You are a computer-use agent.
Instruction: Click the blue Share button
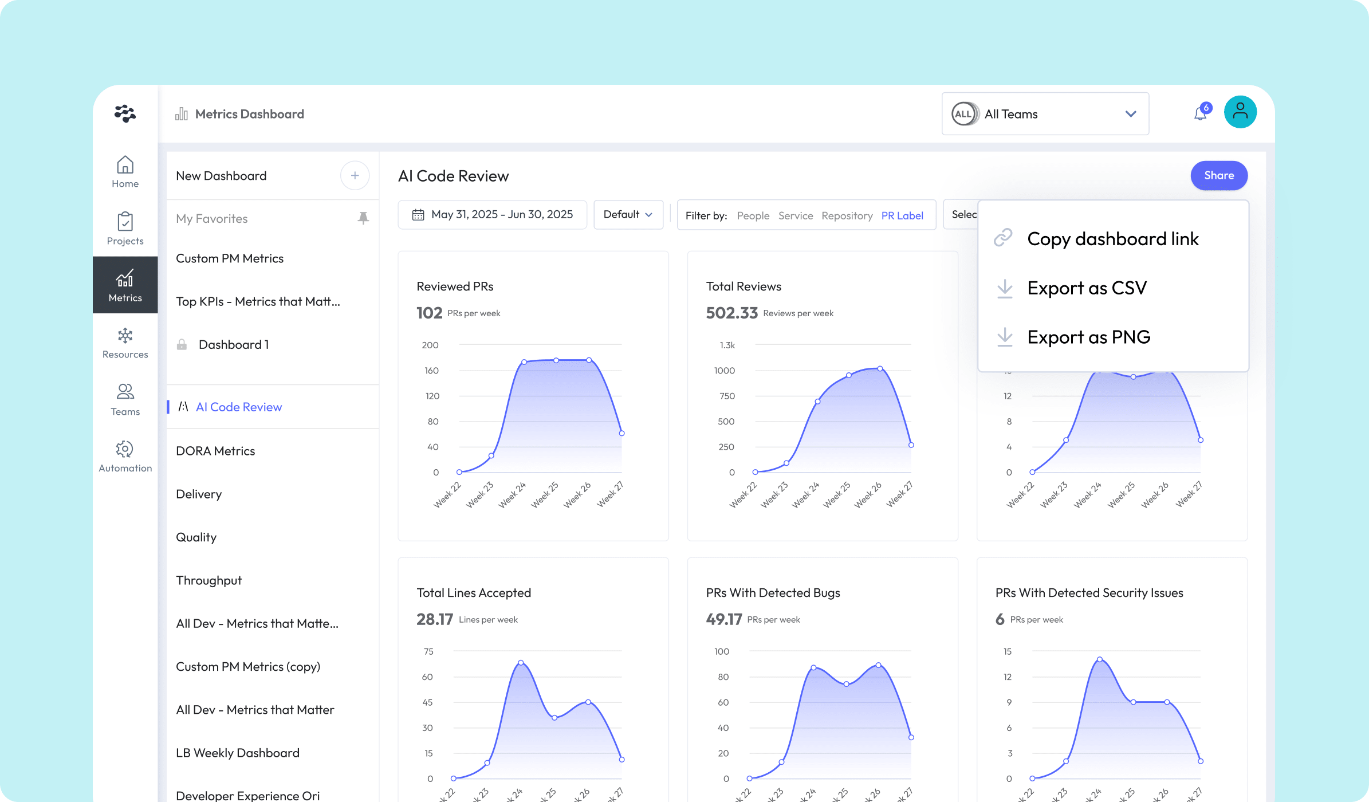click(x=1218, y=175)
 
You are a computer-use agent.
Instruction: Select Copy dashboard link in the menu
click(x=1112, y=238)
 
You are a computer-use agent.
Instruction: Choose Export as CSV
click(x=1086, y=288)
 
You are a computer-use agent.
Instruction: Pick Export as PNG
click(x=1088, y=337)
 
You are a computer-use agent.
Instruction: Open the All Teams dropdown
click(x=1045, y=114)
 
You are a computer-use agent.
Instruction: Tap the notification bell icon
click(x=1200, y=113)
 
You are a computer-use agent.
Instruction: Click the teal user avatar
click(x=1240, y=112)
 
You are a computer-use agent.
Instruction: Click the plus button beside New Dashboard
click(x=355, y=175)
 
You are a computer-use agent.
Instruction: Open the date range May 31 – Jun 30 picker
click(x=493, y=214)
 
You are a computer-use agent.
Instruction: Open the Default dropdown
click(x=628, y=214)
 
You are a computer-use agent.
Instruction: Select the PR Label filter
click(x=902, y=215)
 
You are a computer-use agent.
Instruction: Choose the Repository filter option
click(x=847, y=215)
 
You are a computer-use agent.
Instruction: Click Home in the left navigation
click(x=125, y=171)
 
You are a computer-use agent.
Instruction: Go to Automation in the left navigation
click(x=125, y=456)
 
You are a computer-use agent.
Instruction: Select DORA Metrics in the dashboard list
click(x=215, y=451)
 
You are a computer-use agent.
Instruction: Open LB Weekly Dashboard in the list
click(x=238, y=753)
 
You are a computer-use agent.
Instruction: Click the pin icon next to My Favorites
click(x=363, y=218)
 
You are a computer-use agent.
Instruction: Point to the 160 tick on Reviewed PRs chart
click(x=431, y=371)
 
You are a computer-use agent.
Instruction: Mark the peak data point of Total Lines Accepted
click(x=521, y=663)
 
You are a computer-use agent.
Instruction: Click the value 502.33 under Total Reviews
click(x=731, y=313)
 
